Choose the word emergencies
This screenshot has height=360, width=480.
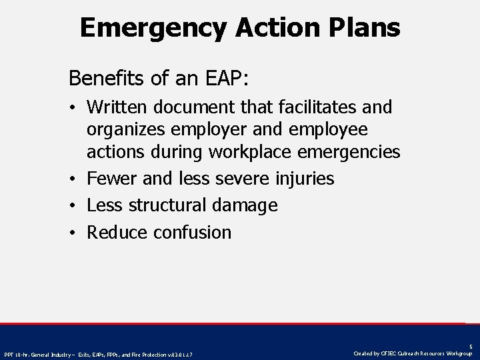point(351,153)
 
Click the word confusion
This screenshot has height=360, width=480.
point(192,232)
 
